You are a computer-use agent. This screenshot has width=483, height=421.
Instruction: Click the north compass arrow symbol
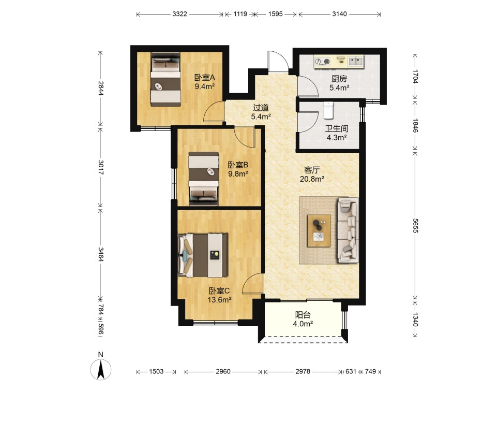coord(100,370)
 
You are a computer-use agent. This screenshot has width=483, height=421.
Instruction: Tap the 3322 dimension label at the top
coord(179,14)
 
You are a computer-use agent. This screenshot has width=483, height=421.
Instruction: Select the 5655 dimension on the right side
coord(415,226)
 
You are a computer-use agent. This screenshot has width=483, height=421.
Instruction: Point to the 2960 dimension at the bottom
coord(223,371)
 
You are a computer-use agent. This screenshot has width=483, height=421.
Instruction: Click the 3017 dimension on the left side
coord(101,167)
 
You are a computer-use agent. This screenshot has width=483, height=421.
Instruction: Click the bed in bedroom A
coord(165,80)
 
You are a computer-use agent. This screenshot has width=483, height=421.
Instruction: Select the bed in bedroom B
coord(204,179)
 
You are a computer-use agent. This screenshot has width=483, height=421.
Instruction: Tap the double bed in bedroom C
coord(203,255)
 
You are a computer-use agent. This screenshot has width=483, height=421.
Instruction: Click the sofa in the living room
coord(348,230)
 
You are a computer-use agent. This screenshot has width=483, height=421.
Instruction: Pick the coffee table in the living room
coord(319,231)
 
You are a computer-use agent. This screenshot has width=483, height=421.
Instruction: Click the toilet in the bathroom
coord(328,110)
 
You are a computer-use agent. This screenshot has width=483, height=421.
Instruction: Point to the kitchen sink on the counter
coord(356,61)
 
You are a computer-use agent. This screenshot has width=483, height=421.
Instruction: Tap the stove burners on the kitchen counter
coord(322,62)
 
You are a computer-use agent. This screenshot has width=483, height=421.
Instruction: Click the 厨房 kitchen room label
coord(339,79)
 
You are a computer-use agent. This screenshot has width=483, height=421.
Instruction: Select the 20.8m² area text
coord(312,179)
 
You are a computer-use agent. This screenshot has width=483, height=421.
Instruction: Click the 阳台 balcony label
coord(303,315)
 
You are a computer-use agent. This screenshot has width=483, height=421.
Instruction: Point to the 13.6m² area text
coord(219,299)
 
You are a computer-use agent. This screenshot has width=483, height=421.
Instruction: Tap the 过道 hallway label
coord(261,108)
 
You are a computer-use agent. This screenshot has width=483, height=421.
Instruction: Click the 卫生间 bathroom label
coord(337,128)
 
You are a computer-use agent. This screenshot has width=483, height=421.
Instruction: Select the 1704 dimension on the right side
coord(415,77)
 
